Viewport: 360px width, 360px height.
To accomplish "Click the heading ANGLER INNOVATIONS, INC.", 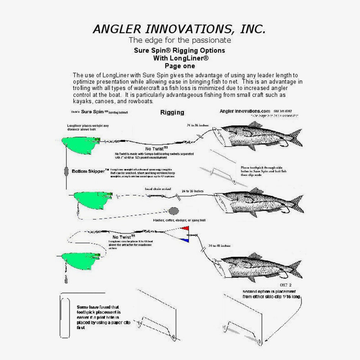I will pos(180,29).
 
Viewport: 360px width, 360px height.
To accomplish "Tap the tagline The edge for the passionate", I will pos(180,40).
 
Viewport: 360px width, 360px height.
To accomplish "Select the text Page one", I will pos(180,66).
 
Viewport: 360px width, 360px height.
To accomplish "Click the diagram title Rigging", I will pos(172,112).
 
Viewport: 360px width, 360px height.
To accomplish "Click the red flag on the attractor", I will pos(185,228).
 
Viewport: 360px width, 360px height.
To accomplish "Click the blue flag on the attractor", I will pos(185,240).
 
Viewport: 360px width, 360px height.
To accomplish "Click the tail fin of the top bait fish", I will pos(295,138).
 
